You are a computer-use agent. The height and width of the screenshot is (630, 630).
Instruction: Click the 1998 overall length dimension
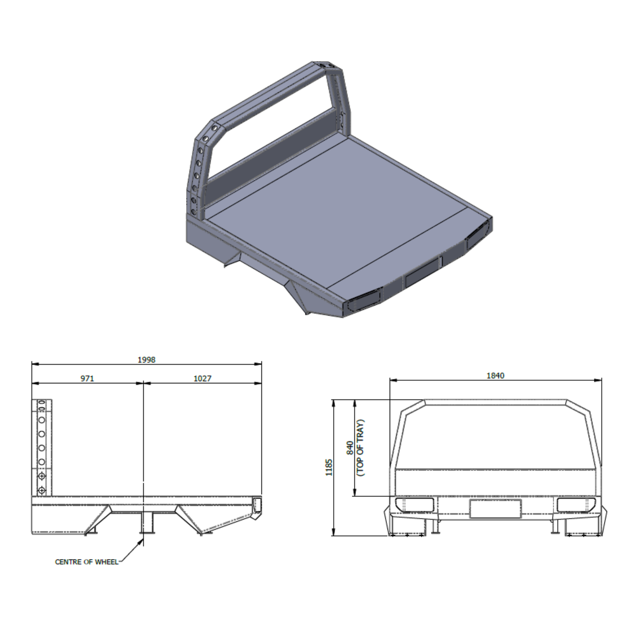tap(146, 360)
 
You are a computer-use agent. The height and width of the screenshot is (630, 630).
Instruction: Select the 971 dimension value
tap(87, 378)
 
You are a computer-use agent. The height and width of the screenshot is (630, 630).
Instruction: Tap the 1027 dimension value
tap(202, 378)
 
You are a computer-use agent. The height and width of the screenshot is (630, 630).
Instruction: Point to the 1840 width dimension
tap(495, 375)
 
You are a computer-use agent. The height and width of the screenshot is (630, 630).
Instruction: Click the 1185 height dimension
tap(329, 467)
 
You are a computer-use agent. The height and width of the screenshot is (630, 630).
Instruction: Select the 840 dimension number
tap(350, 448)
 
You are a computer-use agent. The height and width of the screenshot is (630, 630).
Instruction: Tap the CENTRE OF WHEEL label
tap(86, 562)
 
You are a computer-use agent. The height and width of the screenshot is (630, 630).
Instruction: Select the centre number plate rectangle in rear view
tap(495, 509)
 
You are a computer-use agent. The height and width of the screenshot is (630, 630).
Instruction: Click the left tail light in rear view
tap(414, 505)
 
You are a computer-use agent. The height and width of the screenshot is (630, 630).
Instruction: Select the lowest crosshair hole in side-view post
tap(41, 491)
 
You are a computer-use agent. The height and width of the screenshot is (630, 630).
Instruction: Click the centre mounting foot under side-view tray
tap(146, 523)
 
